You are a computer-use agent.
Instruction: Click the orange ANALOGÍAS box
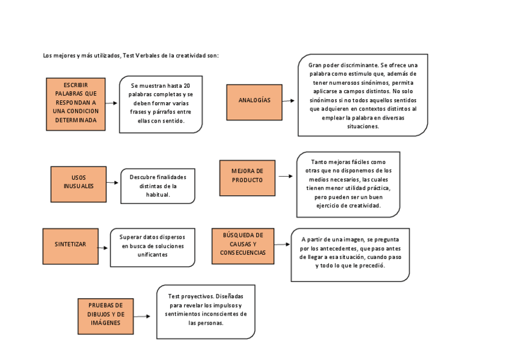(254, 102)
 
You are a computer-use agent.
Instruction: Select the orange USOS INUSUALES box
(78, 183)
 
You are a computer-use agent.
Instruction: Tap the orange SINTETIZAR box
(70, 246)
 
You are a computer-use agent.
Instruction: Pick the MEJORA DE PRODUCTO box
(247, 177)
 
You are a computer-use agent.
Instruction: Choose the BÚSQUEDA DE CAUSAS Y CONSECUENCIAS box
(242, 245)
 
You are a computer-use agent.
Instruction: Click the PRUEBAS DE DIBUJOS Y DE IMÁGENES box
(105, 316)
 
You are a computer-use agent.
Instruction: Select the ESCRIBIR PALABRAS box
(76, 104)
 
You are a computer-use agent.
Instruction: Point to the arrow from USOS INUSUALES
(113, 183)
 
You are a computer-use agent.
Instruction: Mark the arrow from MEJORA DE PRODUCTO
(284, 177)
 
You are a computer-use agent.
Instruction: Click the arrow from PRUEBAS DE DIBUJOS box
(142, 316)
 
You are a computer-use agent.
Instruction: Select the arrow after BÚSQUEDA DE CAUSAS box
(281, 245)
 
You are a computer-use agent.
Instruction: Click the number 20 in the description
(188, 86)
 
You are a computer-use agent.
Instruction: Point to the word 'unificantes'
(152, 254)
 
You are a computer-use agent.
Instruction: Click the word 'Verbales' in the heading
(150, 56)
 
